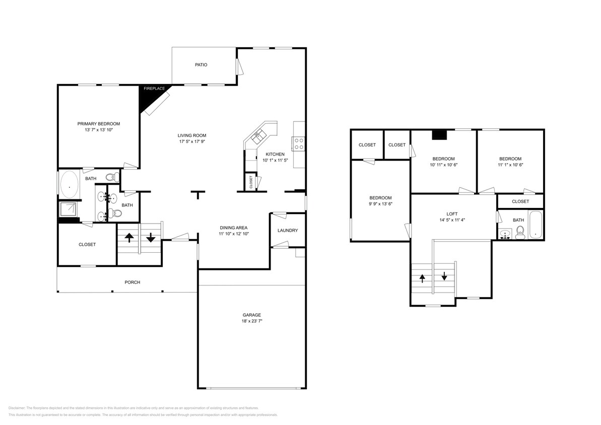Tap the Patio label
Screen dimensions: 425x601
point(201,65)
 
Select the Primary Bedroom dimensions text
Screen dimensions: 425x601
point(98,130)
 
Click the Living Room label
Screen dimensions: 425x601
point(191,135)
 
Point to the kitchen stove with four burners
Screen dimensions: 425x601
point(299,144)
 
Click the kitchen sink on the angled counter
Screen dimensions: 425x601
point(259,134)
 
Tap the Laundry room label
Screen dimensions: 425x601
point(288,231)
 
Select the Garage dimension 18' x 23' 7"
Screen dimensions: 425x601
point(252,321)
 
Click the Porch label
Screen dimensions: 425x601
point(132,282)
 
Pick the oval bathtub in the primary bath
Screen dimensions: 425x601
point(69,186)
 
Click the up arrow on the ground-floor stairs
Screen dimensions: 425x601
point(129,238)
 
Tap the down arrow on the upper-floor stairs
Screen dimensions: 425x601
point(444,276)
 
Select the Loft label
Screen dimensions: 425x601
point(452,214)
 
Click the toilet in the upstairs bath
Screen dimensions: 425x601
point(520,233)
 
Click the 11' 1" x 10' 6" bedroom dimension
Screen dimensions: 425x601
point(510,165)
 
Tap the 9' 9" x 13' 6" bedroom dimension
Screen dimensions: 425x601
point(380,204)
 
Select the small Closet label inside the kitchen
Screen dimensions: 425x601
point(251,181)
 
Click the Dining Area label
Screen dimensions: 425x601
point(234,228)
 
